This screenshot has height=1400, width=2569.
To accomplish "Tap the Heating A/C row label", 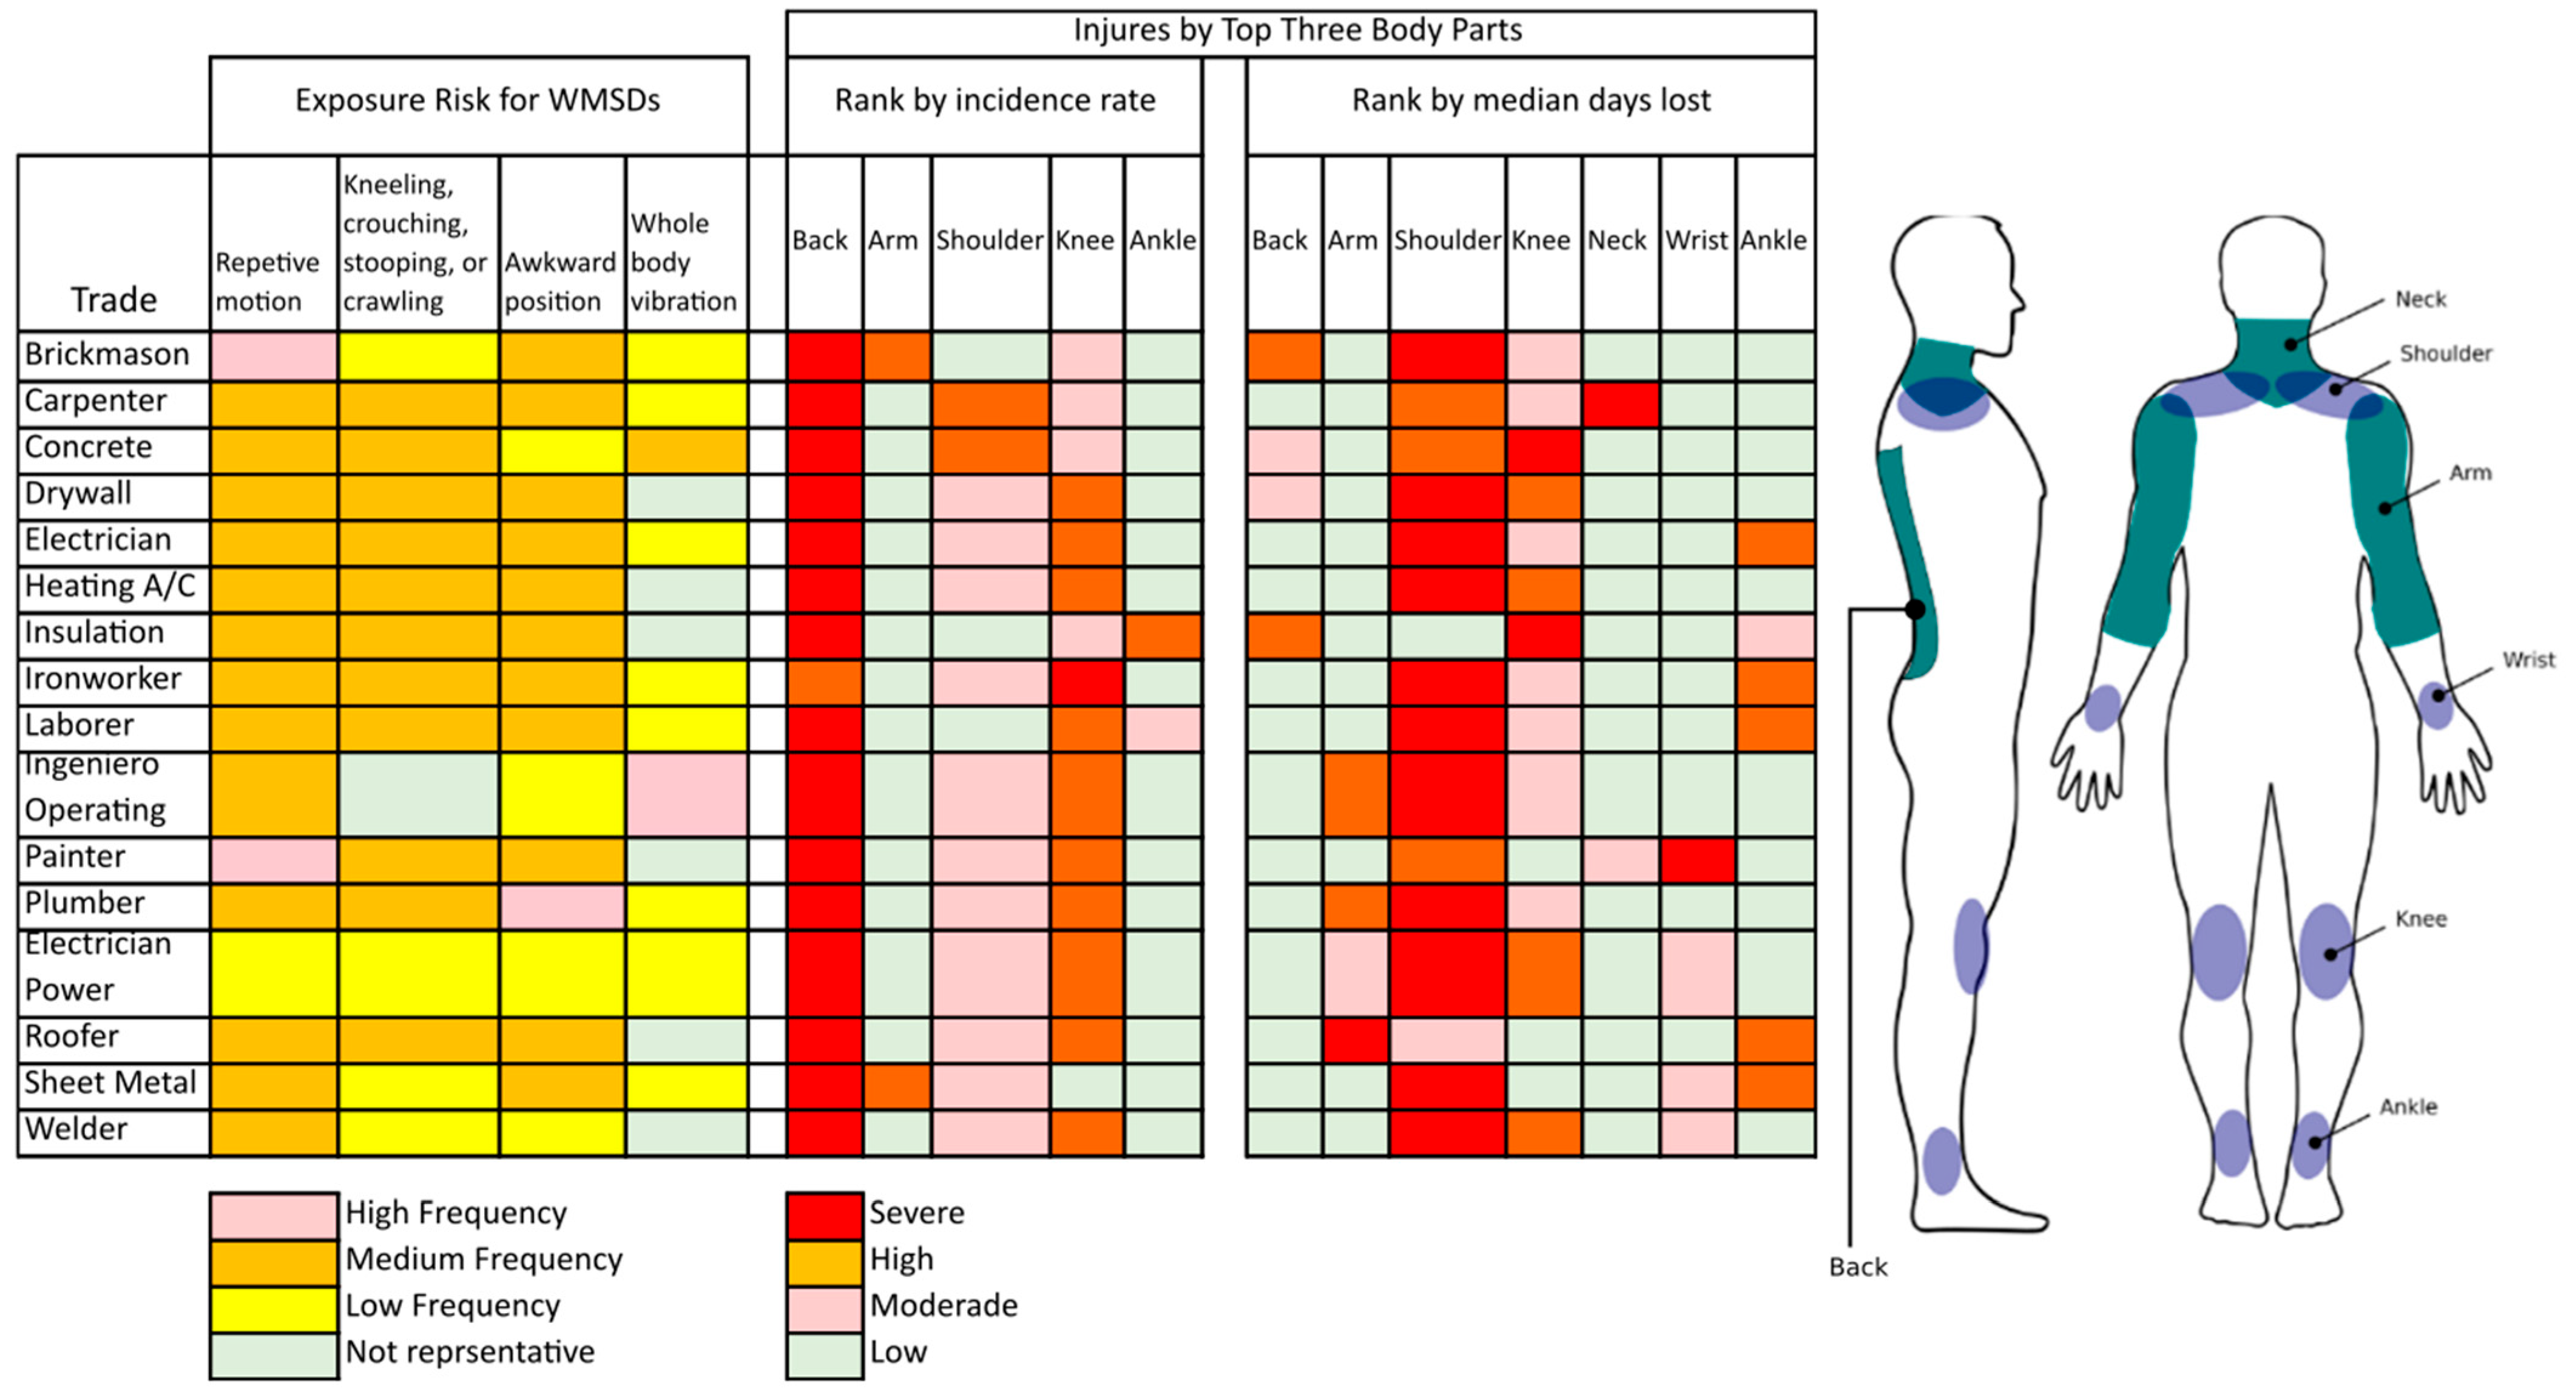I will coord(110,586).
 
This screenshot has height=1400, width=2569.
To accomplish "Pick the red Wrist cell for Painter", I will coord(1697,859).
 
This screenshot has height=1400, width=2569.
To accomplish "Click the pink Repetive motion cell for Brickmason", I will coord(273,356).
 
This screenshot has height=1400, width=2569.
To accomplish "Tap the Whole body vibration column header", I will coord(684,262).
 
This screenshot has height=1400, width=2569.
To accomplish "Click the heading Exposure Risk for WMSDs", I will coord(478,101).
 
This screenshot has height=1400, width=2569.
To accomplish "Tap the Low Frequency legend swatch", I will coord(273,1307).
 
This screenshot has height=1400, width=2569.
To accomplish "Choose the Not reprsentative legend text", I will coord(470,1352).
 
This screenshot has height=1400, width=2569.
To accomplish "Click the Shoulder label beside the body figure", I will coord(2445,354).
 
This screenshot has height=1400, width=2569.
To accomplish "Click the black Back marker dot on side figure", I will coord(1915,609).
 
